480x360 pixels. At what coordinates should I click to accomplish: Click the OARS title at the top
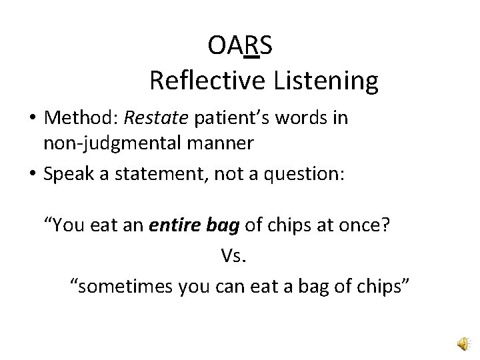coord(239,46)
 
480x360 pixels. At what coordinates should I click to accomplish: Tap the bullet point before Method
coord(32,119)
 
